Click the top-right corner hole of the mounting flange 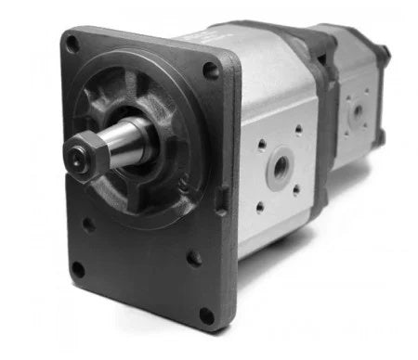pyautogui.click(x=213, y=70)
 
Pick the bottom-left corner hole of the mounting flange pyautogui.click(x=78, y=270)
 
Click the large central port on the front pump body pyautogui.click(x=278, y=168)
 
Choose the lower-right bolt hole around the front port pyautogui.click(x=296, y=190)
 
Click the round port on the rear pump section pyautogui.click(x=357, y=111)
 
